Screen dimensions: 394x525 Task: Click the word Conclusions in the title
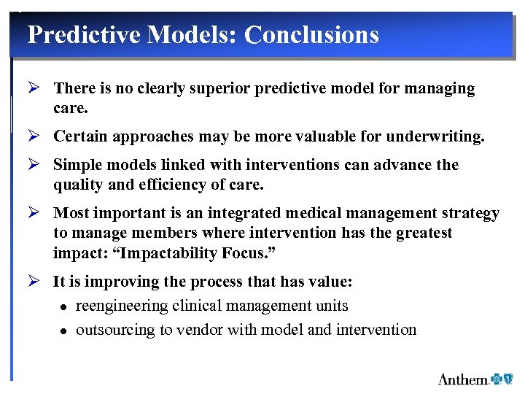click(x=311, y=34)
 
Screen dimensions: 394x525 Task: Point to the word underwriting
click(x=441, y=136)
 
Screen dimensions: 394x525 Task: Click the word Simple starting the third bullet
click(x=75, y=165)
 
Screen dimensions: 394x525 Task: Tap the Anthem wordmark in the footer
click(x=463, y=379)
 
